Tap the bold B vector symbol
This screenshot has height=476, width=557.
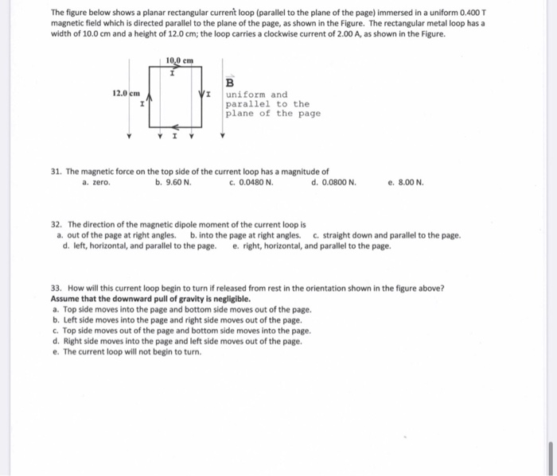click(230, 83)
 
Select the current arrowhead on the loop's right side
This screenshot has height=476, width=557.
click(201, 96)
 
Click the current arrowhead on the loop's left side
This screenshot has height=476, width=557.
click(150, 96)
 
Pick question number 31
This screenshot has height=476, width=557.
click(55, 172)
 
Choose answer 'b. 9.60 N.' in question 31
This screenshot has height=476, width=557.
click(173, 182)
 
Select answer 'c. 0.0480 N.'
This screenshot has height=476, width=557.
click(251, 182)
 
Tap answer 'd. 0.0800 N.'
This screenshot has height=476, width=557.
click(333, 182)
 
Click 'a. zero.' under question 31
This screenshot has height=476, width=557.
click(96, 182)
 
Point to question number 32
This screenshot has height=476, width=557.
click(55, 225)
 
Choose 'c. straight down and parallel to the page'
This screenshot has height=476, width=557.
click(387, 235)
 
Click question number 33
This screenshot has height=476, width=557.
click(55, 288)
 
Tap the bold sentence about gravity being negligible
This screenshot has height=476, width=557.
click(150, 299)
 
